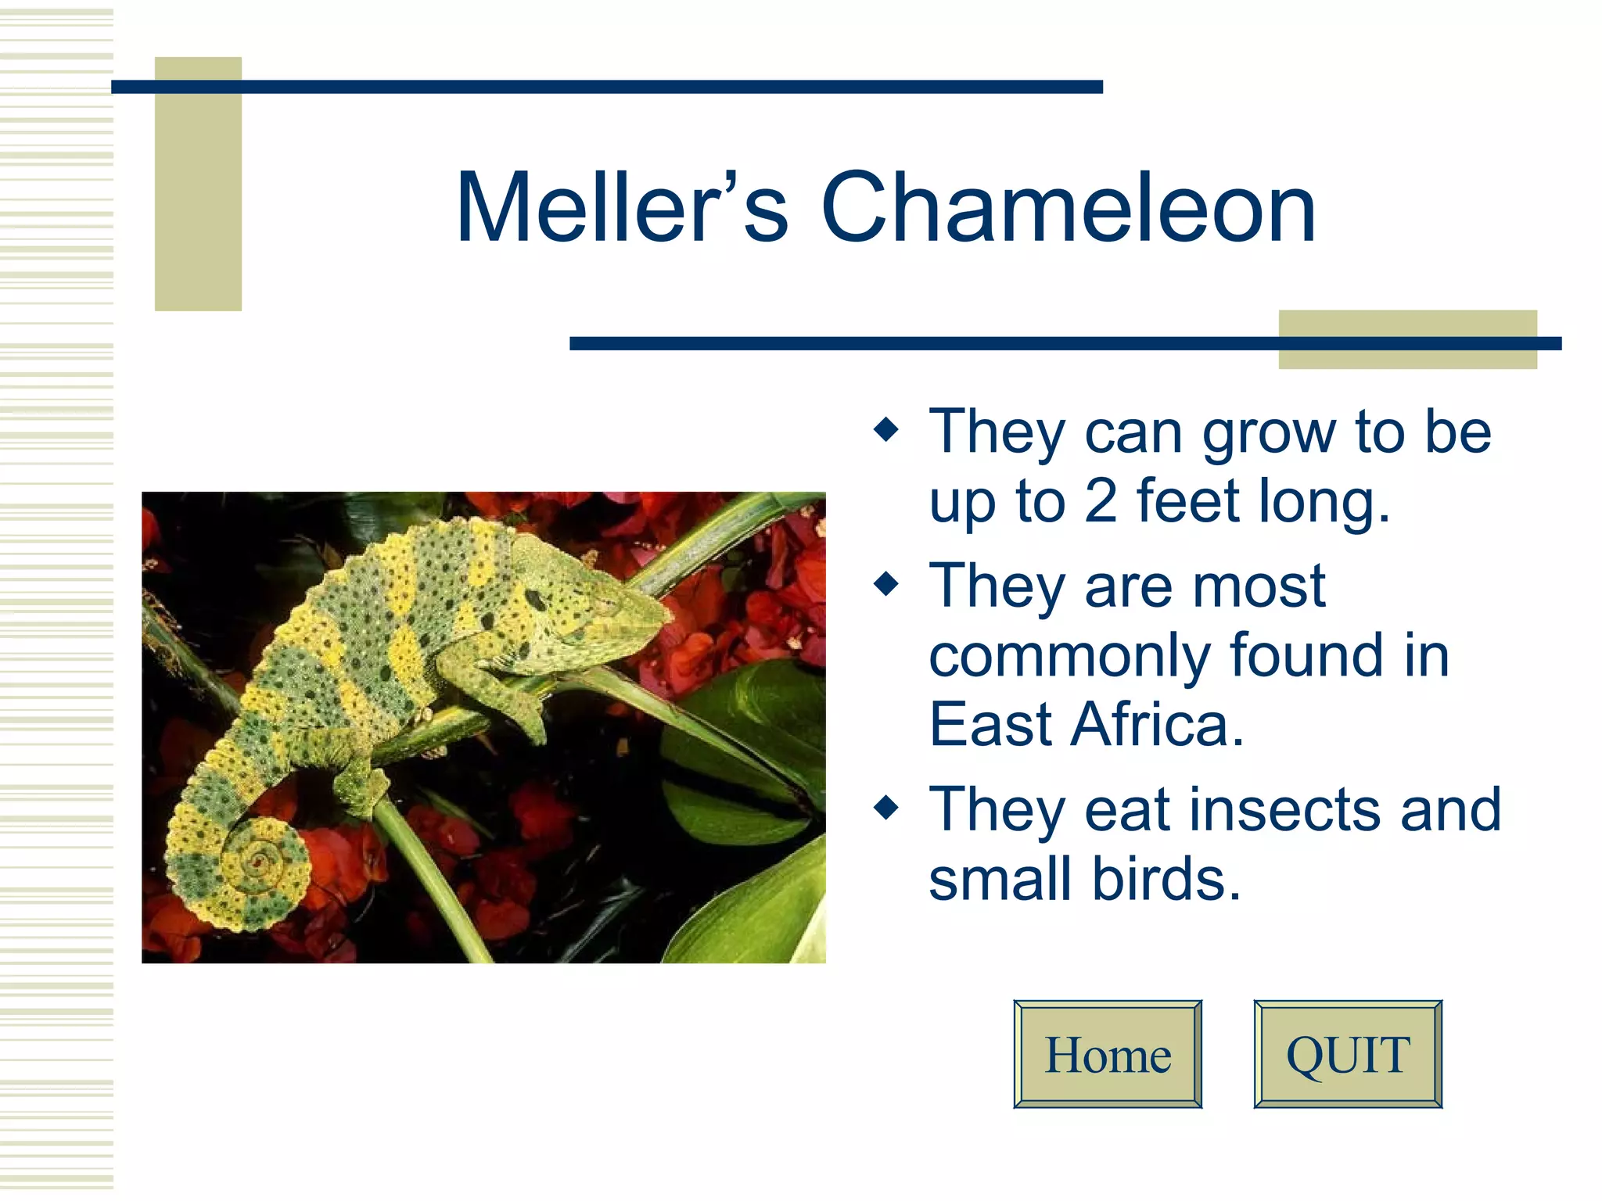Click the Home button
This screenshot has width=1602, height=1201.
pyautogui.click(x=1108, y=1054)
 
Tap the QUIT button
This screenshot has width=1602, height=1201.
pyautogui.click(x=1347, y=1054)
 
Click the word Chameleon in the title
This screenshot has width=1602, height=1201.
pyautogui.click(x=1069, y=208)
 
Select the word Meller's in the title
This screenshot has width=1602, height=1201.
pyautogui.click(x=622, y=208)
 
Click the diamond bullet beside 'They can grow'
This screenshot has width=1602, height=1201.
pyautogui.click(x=886, y=429)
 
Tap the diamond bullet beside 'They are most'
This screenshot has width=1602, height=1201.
pyautogui.click(x=886, y=583)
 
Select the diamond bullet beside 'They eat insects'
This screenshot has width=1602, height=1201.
pyautogui.click(x=886, y=807)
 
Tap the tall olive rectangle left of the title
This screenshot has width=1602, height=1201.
pyautogui.click(x=198, y=184)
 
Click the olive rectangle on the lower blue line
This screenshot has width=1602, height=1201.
pyautogui.click(x=1407, y=339)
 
